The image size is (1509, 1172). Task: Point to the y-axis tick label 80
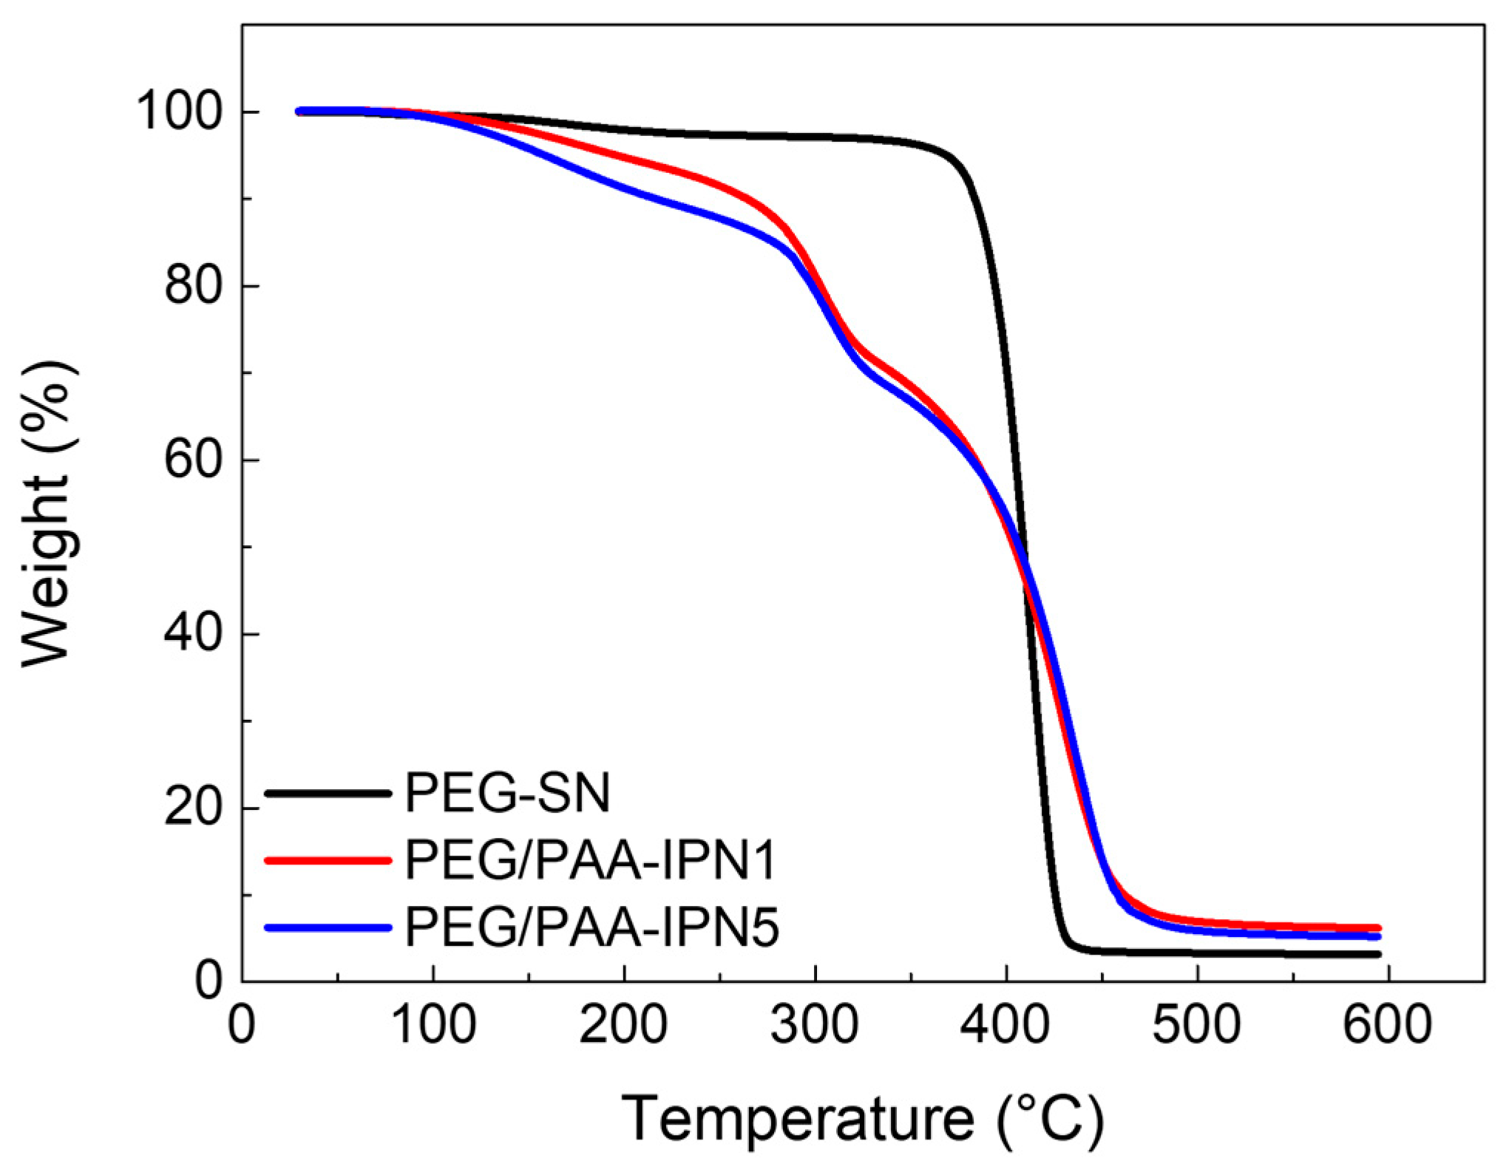(193, 286)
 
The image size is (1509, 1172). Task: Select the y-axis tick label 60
(193, 460)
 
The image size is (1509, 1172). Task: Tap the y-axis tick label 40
(193, 634)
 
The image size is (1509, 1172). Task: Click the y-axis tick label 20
(193, 808)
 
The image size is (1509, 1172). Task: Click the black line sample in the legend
(328, 794)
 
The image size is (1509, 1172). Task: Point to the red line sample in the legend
(328, 859)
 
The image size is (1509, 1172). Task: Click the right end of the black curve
(1377, 955)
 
